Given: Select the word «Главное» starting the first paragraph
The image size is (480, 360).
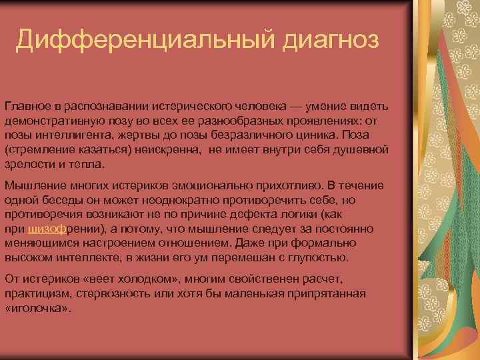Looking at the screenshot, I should (x=28, y=107).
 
